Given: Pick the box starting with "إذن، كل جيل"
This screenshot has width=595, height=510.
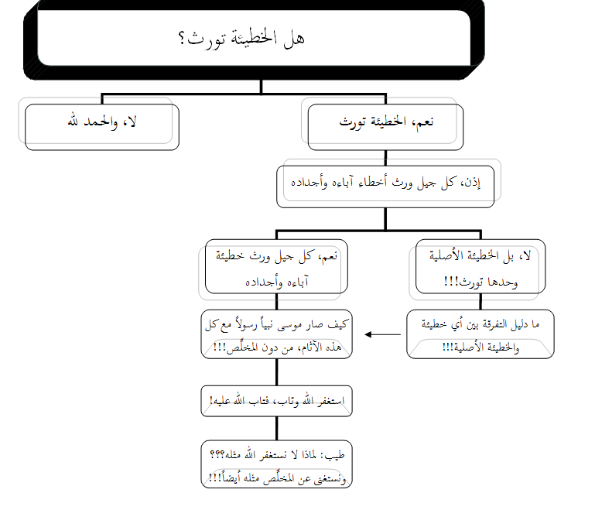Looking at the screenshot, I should (385, 184).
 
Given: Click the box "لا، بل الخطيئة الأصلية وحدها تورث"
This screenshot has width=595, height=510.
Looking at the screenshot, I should (480, 268).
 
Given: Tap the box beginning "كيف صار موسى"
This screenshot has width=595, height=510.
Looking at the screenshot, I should (277, 334).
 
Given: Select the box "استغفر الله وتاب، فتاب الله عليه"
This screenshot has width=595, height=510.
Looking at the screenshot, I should (277, 401).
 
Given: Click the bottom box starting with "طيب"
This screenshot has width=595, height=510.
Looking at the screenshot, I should (277, 464).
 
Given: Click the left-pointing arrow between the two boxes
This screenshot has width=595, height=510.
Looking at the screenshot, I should (381, 334).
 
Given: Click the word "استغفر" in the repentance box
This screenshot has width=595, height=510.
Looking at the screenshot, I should (328, 401).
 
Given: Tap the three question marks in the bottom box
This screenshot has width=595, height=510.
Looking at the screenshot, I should (214, 455).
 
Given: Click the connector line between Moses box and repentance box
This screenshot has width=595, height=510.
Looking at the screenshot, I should (277, 372).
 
